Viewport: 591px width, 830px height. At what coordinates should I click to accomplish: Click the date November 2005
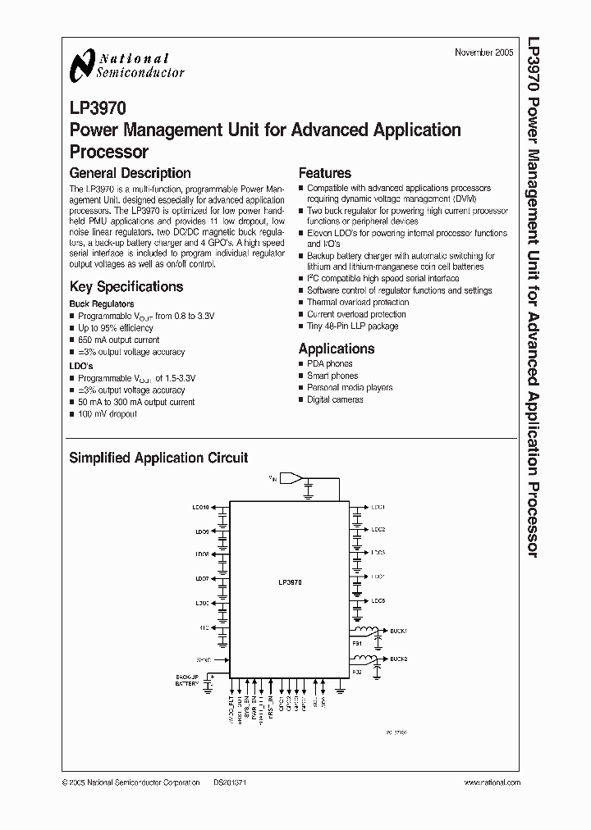(x=484, y=52)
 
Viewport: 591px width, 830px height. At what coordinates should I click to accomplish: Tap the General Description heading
(x=130, y=173)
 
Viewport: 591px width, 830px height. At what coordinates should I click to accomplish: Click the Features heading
(x=324, y=173)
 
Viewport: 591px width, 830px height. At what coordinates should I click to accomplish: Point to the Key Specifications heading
(x=126, y=287)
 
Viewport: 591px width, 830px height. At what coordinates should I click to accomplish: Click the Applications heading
(x=336, y=349)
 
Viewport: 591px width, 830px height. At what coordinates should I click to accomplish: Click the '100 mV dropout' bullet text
(x=108, y=414)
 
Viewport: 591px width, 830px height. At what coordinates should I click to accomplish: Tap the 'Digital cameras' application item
(x=335, y=399)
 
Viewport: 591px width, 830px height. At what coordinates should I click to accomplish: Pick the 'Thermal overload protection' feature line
(x=356, y=303)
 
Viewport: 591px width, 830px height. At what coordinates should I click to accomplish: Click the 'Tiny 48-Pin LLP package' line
(x=352, y=326)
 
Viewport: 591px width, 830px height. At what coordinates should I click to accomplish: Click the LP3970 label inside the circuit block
(x=290, y=581)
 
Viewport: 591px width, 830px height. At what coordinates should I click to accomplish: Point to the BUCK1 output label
(x=399, y=631)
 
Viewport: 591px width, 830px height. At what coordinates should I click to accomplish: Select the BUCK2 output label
(x=399, y=659)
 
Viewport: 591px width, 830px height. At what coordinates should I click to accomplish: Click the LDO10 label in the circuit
(x=202, y=508)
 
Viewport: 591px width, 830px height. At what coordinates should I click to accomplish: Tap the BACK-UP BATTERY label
(x=187, y=680)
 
